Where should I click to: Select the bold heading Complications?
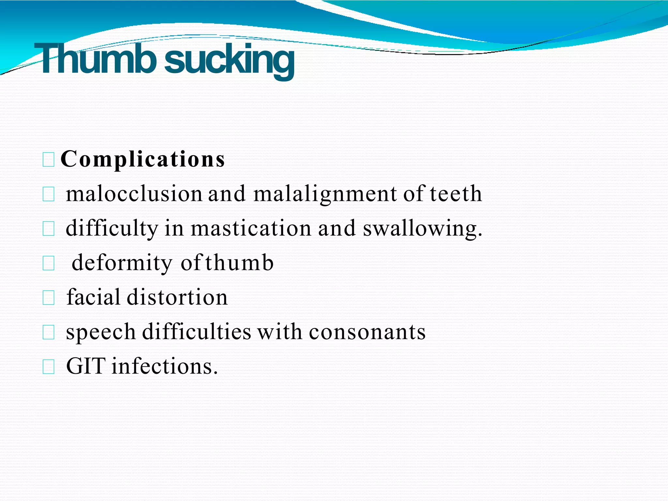point(143,159)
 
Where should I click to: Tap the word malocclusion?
point(134,194)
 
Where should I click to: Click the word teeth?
point(456,194)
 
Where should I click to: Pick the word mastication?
point(251,228)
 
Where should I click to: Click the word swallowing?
point(422,228)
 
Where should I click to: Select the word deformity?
point(122,263)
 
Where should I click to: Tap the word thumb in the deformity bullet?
point(239,263)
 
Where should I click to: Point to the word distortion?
point(177,297)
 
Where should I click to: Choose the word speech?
point(100,332)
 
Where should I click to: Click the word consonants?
point(367,332)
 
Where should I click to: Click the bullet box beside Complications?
point(49,160)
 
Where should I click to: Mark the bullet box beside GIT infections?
point(49,367)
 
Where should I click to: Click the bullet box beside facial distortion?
point(49,298)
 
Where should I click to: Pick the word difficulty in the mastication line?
point(112,228)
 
